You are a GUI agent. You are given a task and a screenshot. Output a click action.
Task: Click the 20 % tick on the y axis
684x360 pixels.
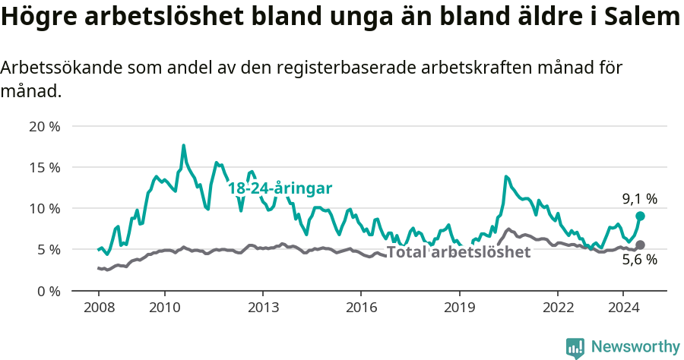45,126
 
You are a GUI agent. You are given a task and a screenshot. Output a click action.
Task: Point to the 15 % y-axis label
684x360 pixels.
45,167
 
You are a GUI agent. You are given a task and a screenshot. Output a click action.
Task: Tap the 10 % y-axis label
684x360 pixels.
45,208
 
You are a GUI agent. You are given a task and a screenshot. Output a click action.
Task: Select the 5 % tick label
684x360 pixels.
49,249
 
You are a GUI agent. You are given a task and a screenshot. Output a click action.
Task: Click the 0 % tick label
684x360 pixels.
49,290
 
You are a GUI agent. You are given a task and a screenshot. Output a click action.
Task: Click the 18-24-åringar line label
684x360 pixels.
280,188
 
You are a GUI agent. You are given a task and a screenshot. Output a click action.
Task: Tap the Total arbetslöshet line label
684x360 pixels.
458,252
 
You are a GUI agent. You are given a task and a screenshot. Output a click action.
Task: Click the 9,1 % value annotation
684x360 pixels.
639,199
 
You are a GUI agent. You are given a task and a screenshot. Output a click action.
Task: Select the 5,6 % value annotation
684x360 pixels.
639,260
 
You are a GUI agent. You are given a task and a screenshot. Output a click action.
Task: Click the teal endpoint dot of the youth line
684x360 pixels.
640,216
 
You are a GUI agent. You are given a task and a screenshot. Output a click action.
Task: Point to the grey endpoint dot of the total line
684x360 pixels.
640,245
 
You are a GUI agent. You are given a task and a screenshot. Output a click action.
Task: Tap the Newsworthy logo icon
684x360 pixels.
575,347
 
